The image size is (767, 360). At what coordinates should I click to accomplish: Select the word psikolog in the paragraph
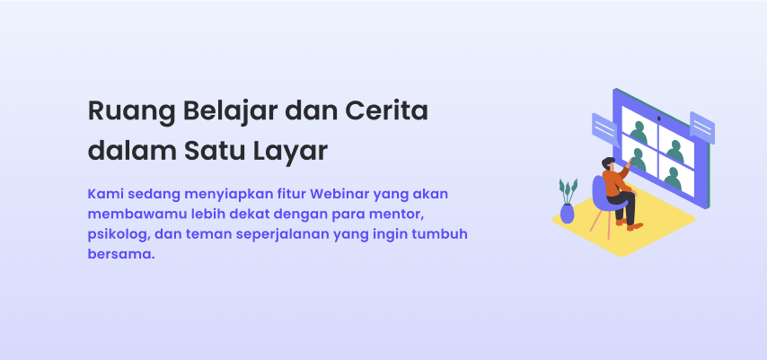point(119,234)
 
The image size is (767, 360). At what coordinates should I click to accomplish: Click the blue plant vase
point(567,213)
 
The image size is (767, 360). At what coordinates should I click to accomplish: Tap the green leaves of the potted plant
point(568,189)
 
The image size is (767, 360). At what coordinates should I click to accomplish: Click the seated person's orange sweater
point(615,183)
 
